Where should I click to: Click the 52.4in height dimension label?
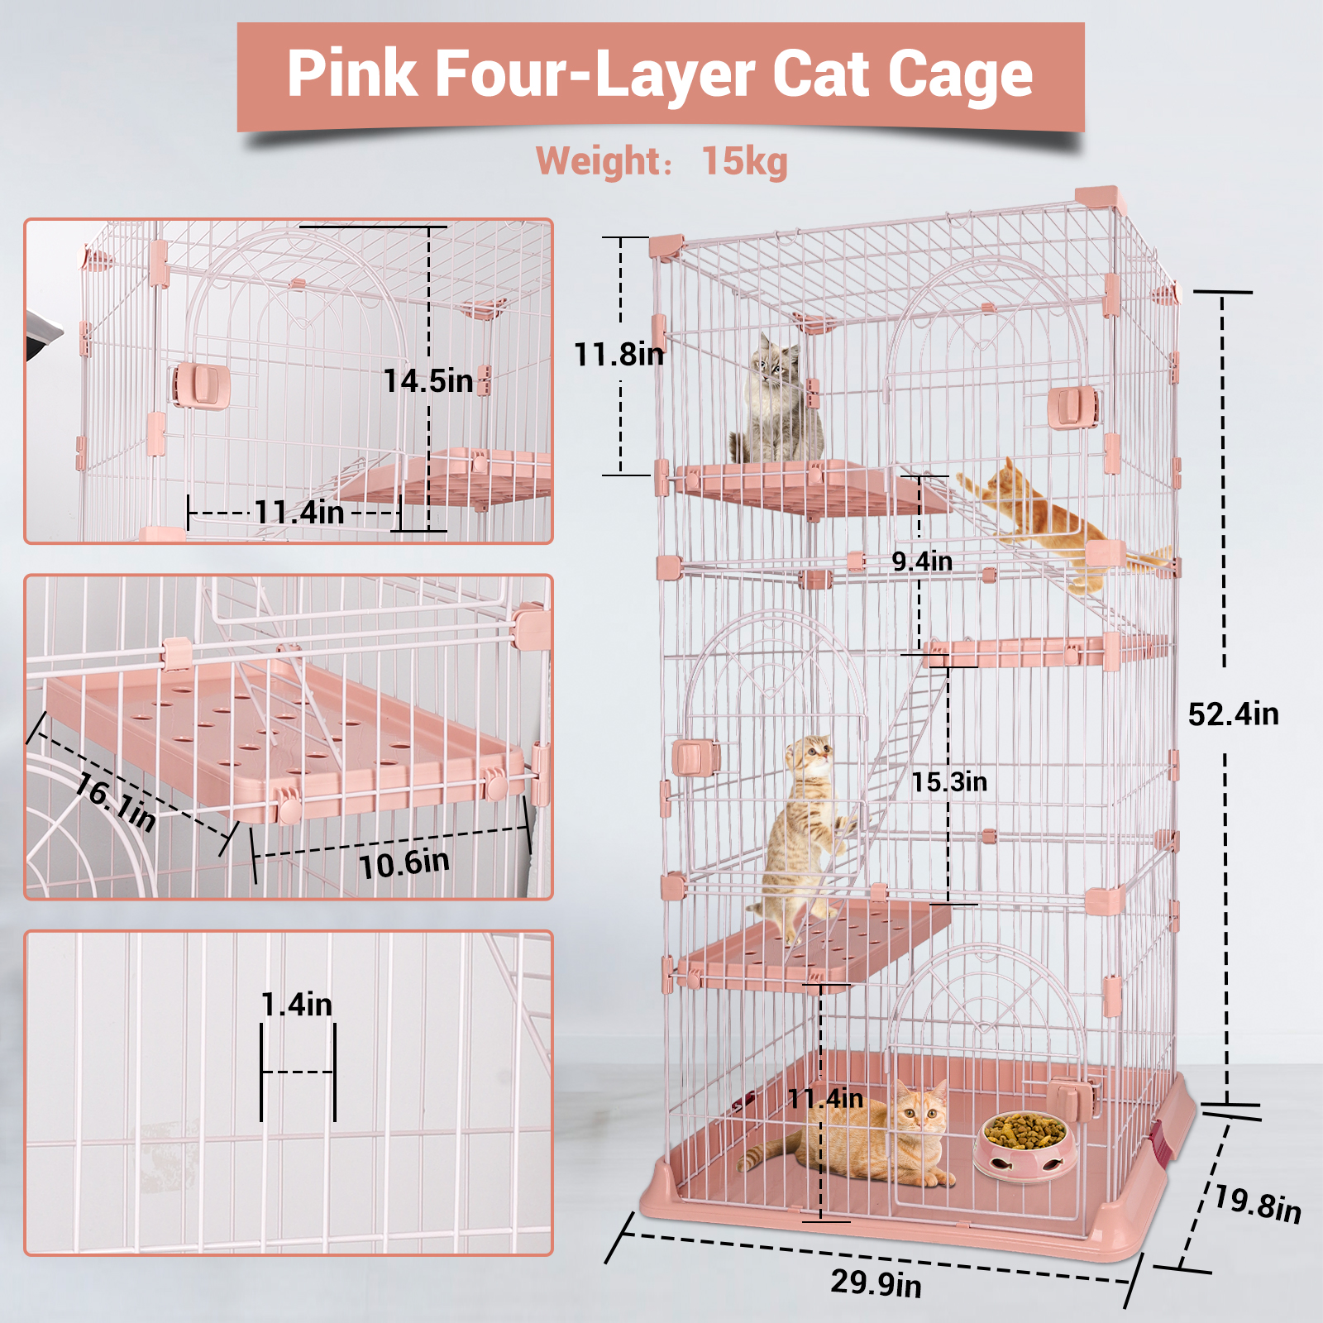pos(1233,714)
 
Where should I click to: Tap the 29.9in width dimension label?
pos(876,1283)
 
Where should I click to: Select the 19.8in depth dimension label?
pos(1258,1204)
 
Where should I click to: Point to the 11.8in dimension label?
pos(619,355)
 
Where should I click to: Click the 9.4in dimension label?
pos(922,561)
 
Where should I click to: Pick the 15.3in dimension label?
pos(949,782)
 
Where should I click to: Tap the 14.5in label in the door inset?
pos(428,381)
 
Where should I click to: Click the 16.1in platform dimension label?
pos(115,802)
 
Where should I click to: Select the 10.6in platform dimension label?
pos(404,864)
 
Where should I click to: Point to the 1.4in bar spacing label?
pos(297,1005)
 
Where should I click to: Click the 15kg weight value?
pos(745,162)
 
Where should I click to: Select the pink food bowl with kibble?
pos(1024,1145)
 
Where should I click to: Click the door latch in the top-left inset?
pos(201,385)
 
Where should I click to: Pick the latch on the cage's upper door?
pos(1072,408)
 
